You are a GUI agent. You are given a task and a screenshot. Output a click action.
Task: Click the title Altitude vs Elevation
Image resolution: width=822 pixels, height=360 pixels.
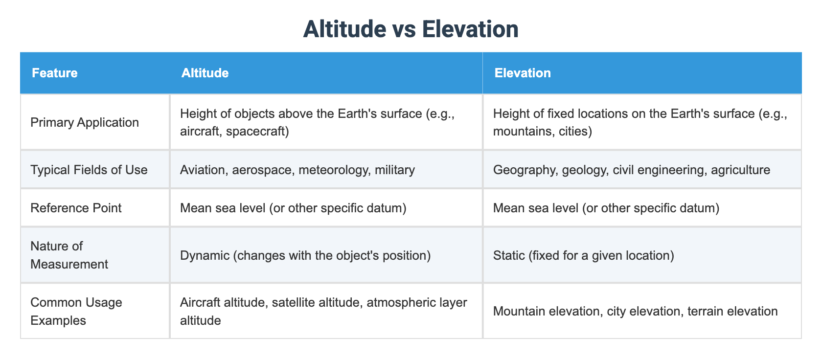point(411,29)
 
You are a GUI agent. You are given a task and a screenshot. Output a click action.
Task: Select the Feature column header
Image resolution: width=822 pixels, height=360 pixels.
point(55,73)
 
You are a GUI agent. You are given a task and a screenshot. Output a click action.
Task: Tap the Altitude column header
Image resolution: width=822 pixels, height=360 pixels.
point(205,73)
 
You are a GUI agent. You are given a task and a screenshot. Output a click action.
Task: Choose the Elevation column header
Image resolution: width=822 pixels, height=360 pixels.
point(523,73)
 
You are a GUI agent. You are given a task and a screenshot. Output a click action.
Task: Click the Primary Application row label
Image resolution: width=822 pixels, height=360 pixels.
point(85,122)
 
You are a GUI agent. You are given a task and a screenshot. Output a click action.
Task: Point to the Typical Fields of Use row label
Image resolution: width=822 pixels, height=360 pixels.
point(89,170)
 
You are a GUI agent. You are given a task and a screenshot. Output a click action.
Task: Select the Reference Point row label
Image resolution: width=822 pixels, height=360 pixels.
point(76,208)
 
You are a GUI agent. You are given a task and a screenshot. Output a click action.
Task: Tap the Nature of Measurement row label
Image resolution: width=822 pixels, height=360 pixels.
point(69,255)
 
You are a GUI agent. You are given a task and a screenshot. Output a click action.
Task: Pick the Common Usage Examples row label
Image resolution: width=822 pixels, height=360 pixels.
point(76,311)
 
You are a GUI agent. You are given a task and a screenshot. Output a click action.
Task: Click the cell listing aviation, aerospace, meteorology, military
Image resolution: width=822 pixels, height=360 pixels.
point(297,170)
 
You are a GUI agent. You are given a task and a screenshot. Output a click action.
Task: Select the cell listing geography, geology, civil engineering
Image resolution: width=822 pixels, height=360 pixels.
point(631,170)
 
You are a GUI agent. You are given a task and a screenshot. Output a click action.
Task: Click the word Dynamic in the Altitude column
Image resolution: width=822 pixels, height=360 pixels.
point(205,255)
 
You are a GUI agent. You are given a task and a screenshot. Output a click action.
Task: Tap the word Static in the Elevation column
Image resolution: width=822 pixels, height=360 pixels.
point(509,255)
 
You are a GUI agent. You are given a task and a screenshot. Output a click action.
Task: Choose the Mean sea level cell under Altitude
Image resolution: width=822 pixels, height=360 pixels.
point(293,208)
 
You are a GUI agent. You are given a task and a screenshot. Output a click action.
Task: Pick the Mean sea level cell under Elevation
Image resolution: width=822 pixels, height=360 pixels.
point(606,208)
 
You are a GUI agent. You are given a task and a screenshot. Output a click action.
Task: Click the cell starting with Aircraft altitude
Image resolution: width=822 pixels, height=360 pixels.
point(323,311)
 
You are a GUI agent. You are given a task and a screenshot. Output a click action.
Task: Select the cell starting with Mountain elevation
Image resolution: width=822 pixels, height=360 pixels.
point(635,311)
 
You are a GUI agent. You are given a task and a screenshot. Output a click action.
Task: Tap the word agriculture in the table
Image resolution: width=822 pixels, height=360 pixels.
point(740,170)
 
